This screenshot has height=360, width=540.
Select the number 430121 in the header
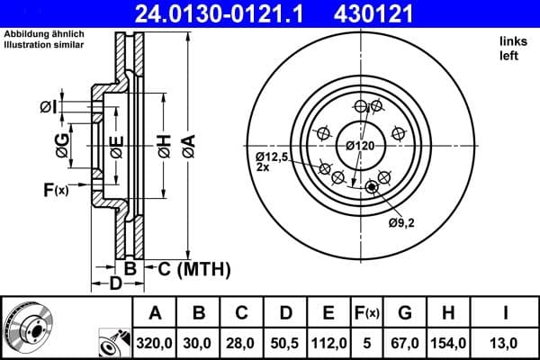pos(386,13)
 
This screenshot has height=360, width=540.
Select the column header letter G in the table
pos(405,313)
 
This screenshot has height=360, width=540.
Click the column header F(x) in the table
pos(367,313)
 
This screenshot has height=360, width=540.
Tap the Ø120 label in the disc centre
pos(360,145)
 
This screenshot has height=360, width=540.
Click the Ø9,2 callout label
pos(401,221)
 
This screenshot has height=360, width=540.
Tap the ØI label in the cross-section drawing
pos(49,108)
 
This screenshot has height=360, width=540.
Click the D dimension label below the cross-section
pos(115,284)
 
